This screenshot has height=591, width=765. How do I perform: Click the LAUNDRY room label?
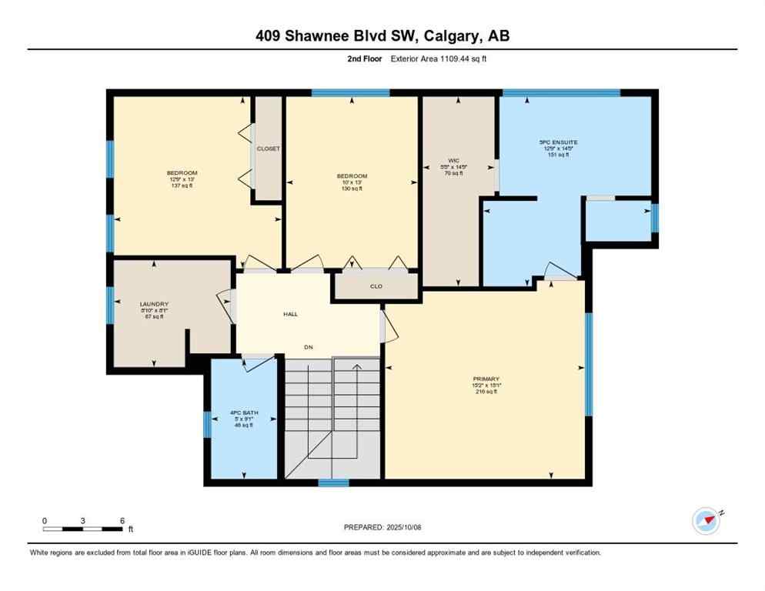pos(154,304)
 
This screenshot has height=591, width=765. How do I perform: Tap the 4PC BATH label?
pos(245,413)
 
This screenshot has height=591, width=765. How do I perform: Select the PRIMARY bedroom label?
pos(486,379)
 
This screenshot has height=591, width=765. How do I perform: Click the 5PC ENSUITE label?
pos(558,142)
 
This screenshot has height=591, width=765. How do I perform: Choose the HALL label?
pos(290,314)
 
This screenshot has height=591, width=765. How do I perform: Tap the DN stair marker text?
pos(309,348)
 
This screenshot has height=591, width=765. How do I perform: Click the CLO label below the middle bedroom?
pos(376,286)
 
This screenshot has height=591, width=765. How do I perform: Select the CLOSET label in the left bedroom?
pos(269,149)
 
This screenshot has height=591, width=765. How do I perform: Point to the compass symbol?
pos(706,521)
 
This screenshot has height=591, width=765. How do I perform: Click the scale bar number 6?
pos(122,520)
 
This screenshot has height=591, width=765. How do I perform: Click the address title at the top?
pos(382,35)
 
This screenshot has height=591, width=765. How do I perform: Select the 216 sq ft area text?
pos(486,392)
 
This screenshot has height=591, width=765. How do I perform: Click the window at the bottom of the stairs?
pos(333,483)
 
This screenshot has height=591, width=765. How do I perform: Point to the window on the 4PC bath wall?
pos(207,424)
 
